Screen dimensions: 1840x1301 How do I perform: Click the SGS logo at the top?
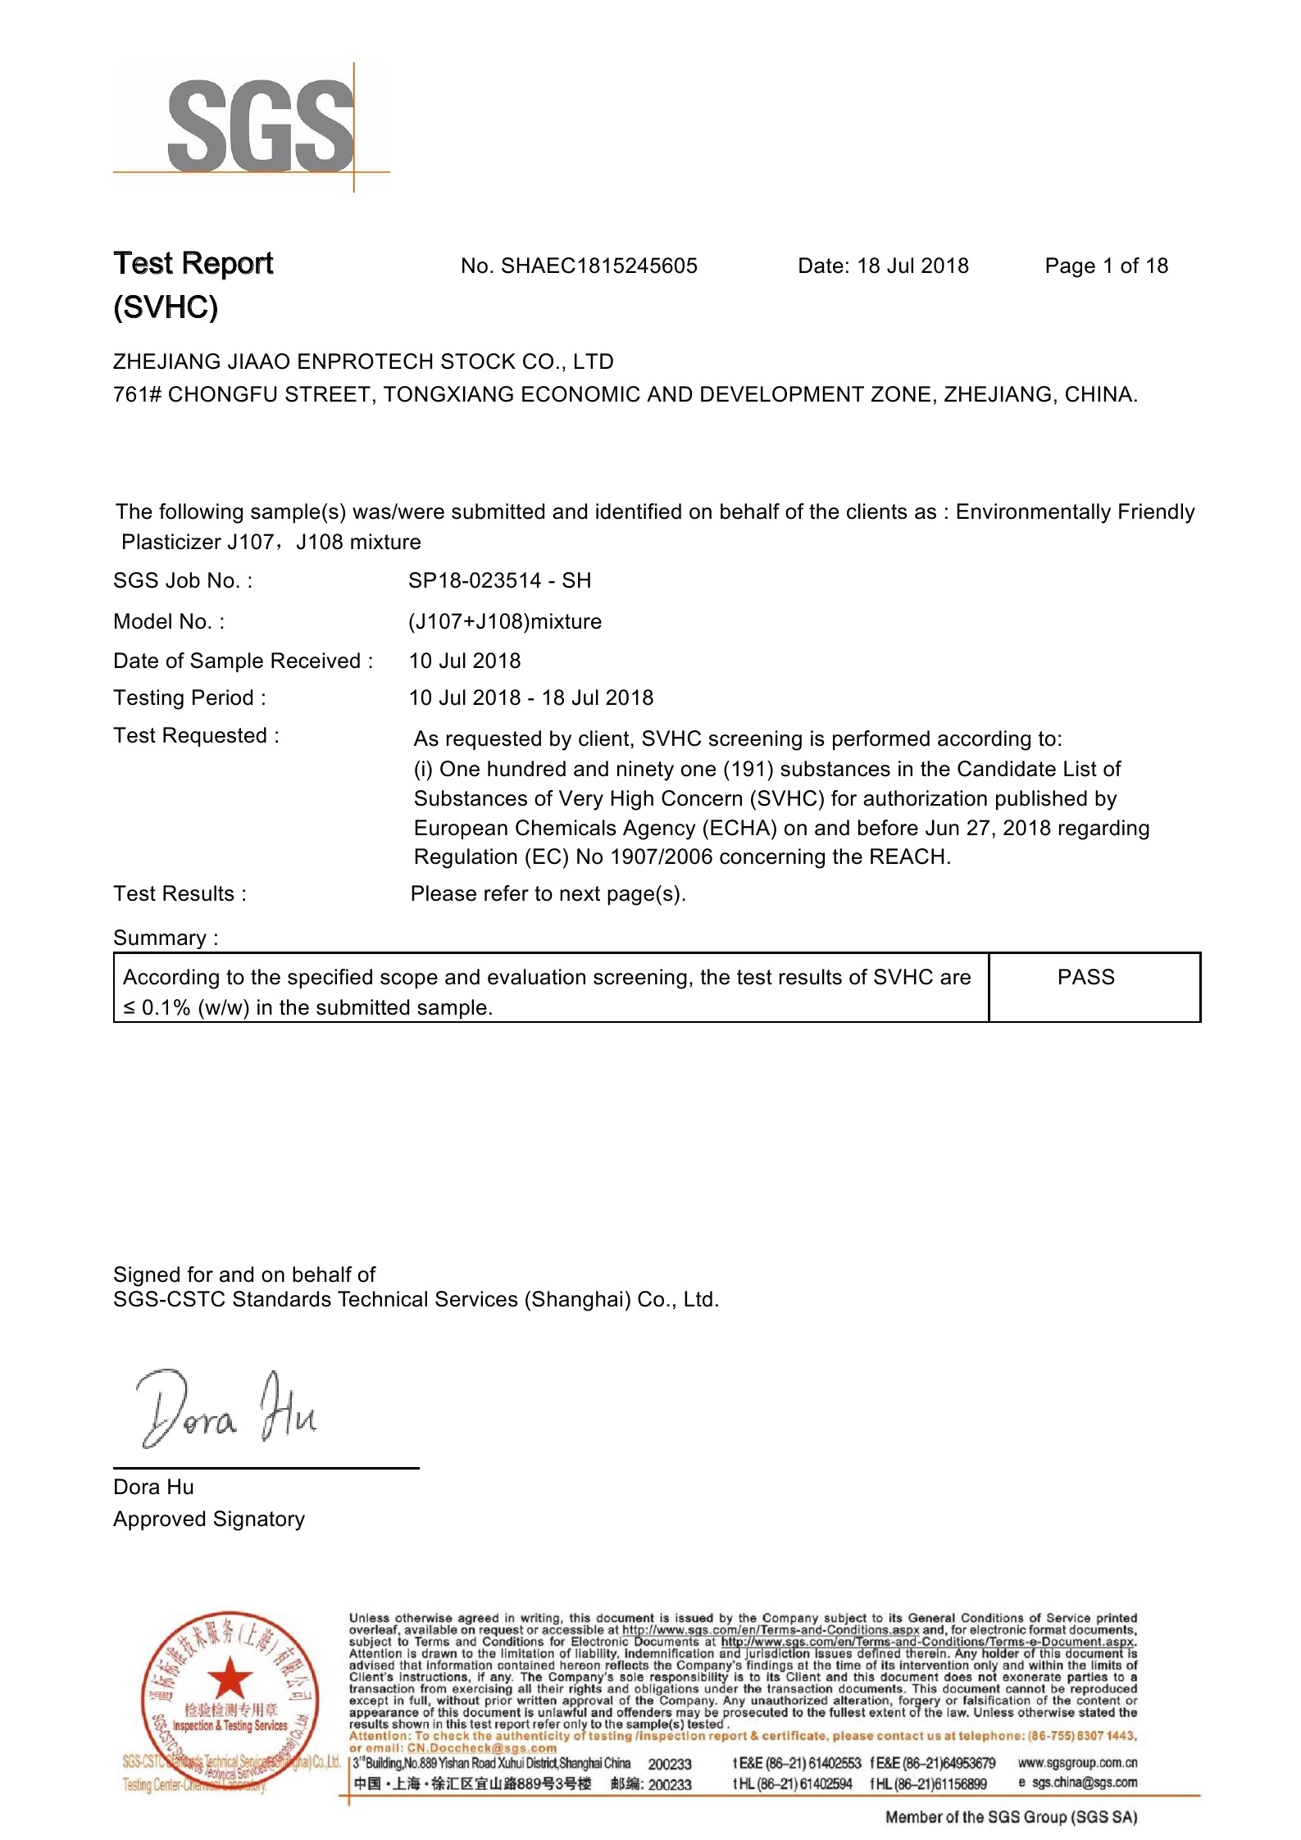coord(261,127)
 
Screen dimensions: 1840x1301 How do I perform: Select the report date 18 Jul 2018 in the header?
coord(912,266)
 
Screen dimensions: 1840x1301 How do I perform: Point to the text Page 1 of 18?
coord(1106,266)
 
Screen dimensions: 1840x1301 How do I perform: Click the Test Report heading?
coord(193,264)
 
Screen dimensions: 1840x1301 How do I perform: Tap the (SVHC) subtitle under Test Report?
coord(166,307)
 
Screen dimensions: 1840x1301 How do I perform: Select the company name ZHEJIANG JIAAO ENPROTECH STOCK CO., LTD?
coord(363,362)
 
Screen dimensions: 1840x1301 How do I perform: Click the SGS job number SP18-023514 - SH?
coord(499,581)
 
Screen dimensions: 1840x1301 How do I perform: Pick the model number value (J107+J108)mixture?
coord(505,622)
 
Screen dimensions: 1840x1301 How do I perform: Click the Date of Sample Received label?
coord(243,661)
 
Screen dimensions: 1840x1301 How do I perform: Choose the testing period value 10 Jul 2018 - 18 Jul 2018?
coord(531,698)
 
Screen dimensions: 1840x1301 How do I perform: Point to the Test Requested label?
coord(196,736)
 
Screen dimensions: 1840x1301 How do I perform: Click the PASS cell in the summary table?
coord(1086,978)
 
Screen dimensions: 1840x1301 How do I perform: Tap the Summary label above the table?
coord(166,938)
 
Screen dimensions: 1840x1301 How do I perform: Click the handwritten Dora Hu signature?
coord(226,1410)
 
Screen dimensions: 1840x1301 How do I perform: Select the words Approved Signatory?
coord(209,1520)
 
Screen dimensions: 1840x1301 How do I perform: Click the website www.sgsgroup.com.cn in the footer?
coord(1077,1763)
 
